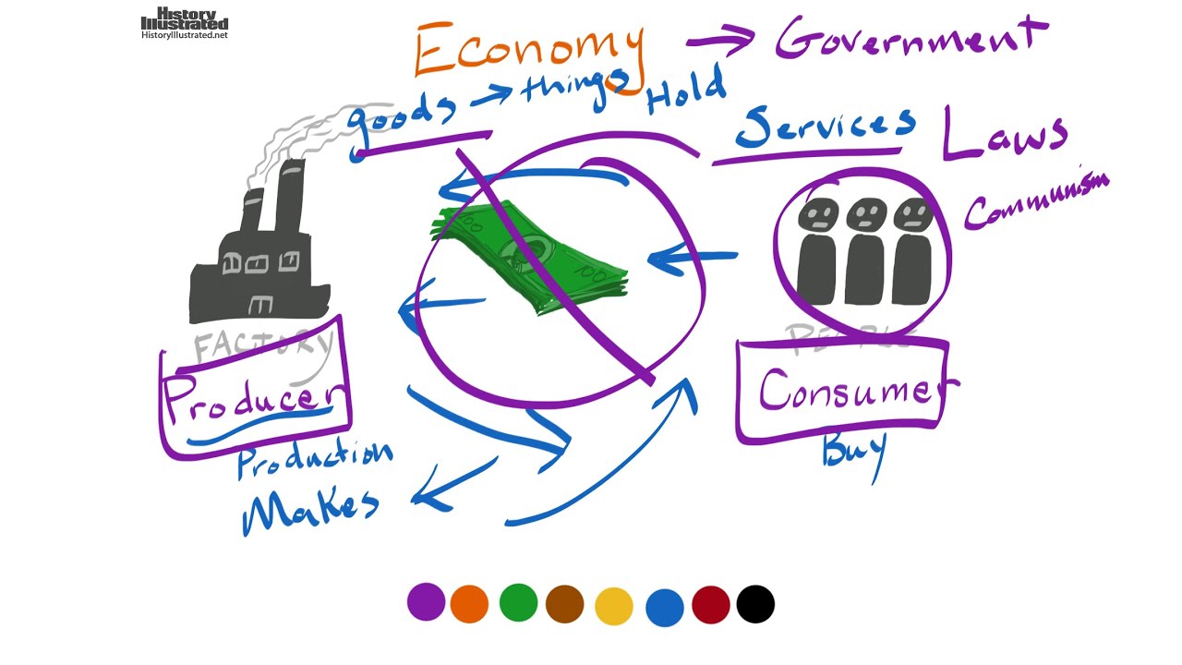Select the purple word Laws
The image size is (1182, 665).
click(x=1004, y=134)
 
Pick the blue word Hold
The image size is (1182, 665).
click(x=685, y=92)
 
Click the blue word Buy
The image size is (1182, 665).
click(x=853, y=452)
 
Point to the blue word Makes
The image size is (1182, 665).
click(x=309, y=507)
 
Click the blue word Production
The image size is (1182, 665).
click(x=314, y=458)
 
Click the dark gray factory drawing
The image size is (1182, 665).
click(x=259, y=259)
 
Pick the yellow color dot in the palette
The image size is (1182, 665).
click(x=614, y=606)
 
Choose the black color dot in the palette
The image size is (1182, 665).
click(x=755, y=604)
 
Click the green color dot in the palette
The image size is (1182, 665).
click(x=518, y=602)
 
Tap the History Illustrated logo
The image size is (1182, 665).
click(x=185, y=24)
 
